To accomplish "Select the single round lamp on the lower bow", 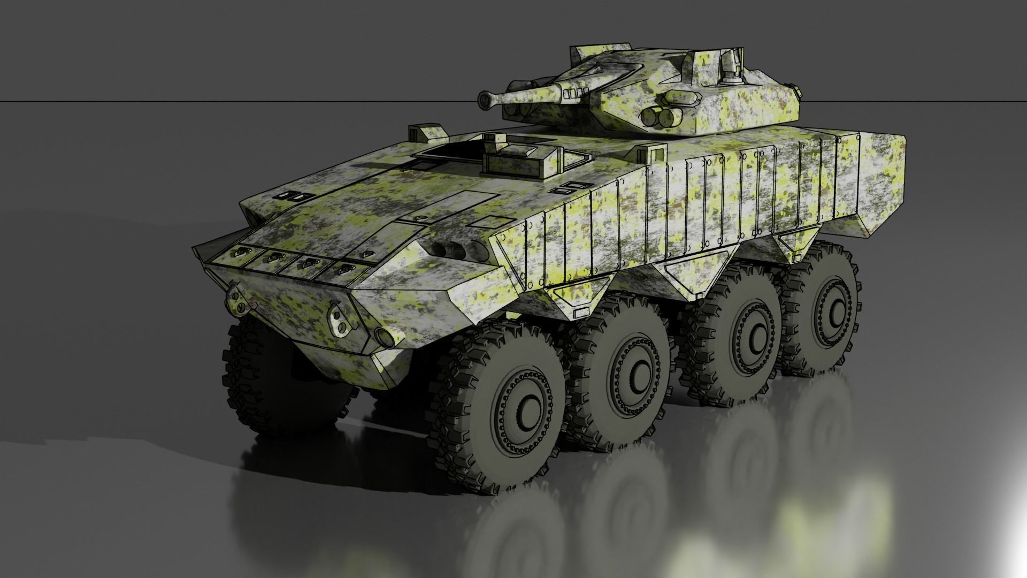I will click(382, 336).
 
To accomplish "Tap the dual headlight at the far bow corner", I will click(237, 300).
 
